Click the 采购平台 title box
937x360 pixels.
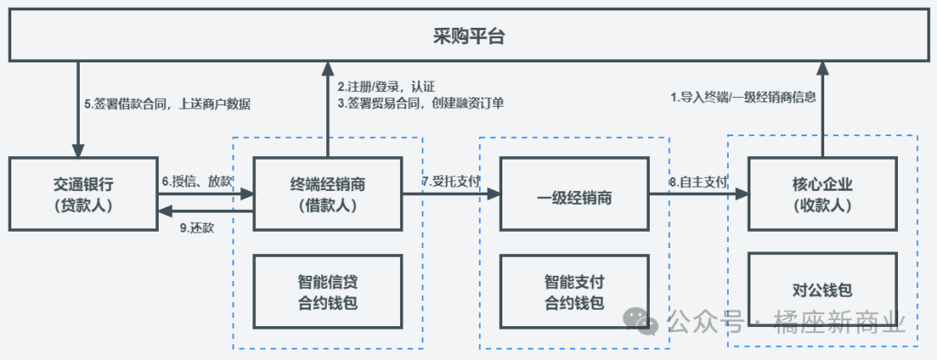468,36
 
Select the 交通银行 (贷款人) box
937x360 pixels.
83,193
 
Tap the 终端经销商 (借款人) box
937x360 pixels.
328,193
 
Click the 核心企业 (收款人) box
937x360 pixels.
822,193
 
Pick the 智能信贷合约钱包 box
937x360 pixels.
328,291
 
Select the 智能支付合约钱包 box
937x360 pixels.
574,291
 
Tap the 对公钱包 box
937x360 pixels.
822,290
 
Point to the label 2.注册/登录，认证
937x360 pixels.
385,87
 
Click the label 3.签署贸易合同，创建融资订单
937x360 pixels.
421,103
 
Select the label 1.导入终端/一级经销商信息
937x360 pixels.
743,97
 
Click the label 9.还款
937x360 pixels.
197,227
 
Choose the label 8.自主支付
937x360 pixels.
698,182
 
